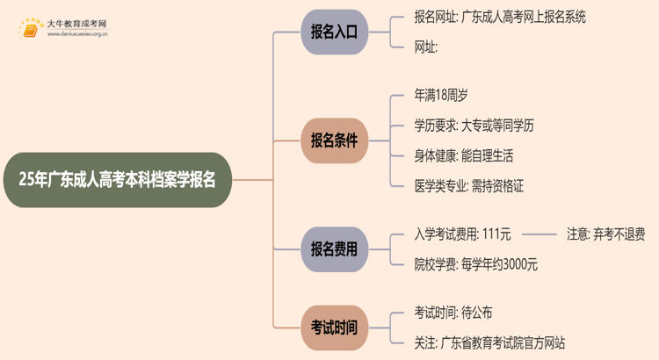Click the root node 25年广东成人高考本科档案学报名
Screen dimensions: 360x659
(x=117, y=180)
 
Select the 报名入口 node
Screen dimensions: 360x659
(x=334, y=32)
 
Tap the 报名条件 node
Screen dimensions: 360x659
(x=334, y=140)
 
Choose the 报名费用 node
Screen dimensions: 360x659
(x=334, y=249)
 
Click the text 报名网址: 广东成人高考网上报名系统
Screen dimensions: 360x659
(x=500, y=17)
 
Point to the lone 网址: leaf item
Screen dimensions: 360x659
(x=426, y=47)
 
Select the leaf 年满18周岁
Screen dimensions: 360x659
(x=447, y=94)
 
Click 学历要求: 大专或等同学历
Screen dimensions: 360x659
(x=474, y=125)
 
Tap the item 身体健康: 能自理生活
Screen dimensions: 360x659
(x=464, y=155)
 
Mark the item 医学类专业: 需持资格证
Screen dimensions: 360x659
(x=469, y=186)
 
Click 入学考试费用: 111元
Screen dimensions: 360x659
(x=462, y=234)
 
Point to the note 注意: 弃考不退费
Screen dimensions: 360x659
(x=605, y=234)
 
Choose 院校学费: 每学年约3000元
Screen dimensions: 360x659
(x=475, y=264)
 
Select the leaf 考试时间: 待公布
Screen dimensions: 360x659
(x=453, y=313)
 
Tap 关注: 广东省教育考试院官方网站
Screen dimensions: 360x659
(x=489, y=342)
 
